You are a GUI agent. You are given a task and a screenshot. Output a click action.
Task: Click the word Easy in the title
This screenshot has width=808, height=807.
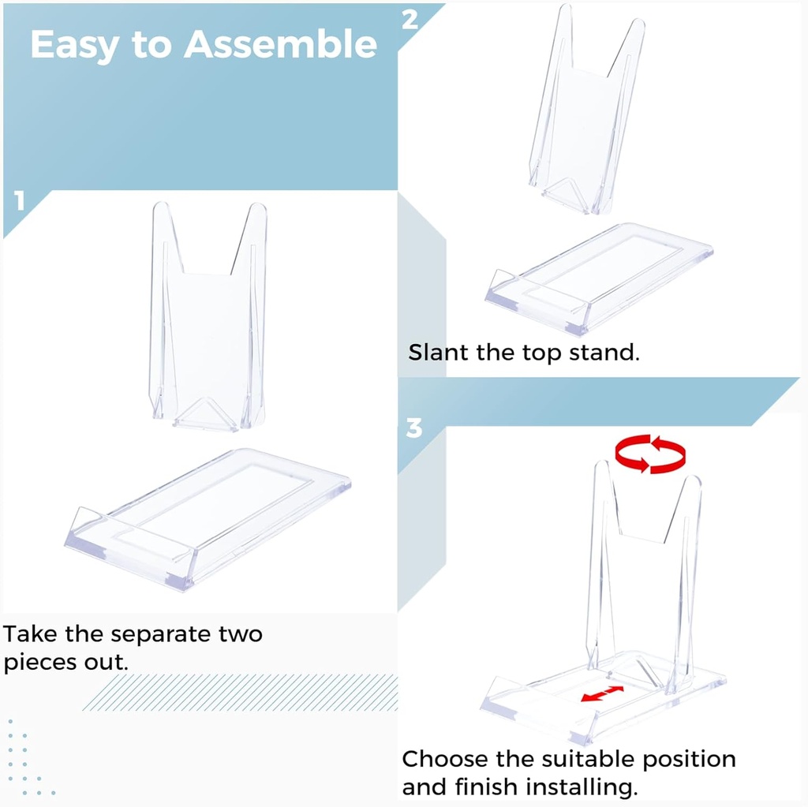[x=74, y=46]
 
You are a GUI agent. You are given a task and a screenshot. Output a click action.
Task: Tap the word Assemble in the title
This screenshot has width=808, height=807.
[x=280, y=44]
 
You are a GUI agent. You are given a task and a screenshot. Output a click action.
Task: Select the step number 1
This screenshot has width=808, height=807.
[x=20, y=202]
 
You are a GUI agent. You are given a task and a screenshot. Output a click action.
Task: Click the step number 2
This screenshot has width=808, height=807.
[x=410, y=20]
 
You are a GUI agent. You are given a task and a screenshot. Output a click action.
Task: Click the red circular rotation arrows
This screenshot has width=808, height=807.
[x=650, y=454]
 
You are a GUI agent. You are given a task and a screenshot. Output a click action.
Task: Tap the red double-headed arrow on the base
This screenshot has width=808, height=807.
[x=602, y=693]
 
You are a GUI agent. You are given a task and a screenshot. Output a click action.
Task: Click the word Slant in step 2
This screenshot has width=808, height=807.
[x=438, y=352]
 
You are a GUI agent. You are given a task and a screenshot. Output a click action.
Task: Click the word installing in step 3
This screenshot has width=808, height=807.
[x=582, y=787]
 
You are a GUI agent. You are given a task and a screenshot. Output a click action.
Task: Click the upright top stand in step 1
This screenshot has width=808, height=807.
[x=208, y=316]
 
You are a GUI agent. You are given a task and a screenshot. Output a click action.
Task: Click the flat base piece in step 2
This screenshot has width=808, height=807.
[x=600, y=276]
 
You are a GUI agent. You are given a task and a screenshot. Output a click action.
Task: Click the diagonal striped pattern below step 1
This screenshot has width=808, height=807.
[x=237, y=693]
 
